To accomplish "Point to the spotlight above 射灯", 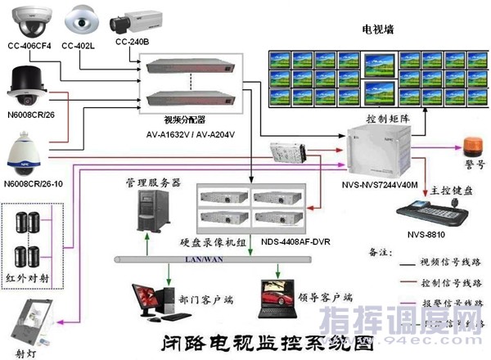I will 34,321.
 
